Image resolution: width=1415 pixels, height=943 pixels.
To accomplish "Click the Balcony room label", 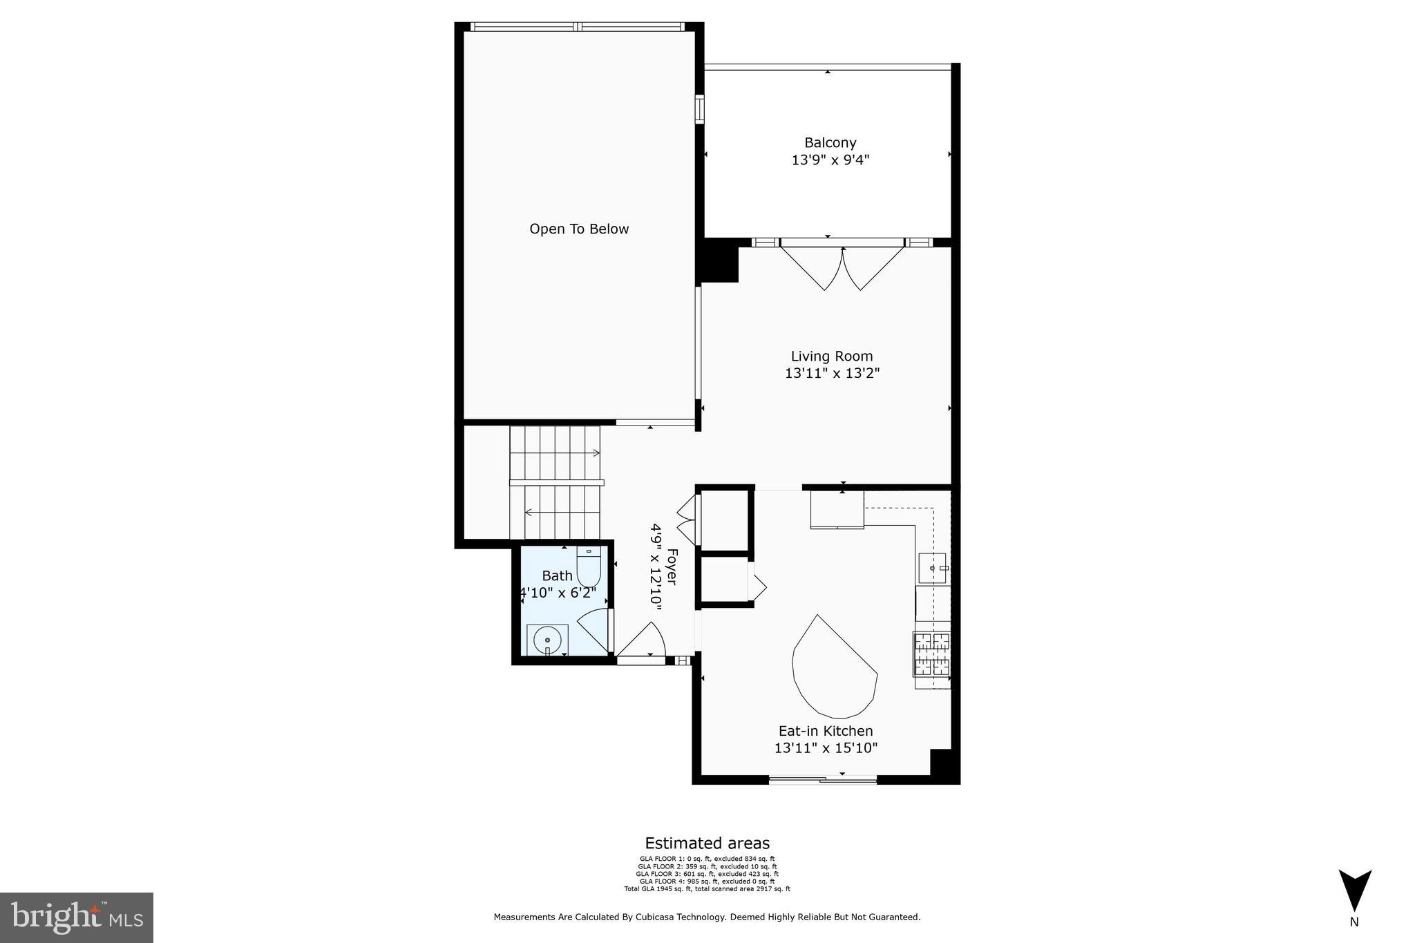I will [830, 143].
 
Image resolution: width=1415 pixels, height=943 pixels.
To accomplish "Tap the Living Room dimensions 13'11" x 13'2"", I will [832, 374].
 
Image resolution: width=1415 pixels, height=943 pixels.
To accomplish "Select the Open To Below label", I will [579, 229].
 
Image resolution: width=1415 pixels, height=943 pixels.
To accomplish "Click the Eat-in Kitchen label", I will [826, 731].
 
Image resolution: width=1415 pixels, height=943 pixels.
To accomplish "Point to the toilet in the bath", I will [589, 568].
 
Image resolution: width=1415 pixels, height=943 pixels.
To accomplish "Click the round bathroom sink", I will [547, 640].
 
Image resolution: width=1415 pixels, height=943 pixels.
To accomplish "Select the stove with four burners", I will [932, 654].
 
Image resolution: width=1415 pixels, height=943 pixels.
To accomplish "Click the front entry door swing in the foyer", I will [643, 641].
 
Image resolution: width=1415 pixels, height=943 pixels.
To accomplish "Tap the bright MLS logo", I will [76, 917].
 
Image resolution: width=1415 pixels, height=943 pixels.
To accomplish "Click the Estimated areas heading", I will [707, 843].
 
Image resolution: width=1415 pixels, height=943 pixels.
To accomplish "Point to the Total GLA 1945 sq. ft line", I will [707, 889].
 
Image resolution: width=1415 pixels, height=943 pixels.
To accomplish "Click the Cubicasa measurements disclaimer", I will [707, 917].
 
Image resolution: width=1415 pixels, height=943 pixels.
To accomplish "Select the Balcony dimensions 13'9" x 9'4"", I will [830, 160].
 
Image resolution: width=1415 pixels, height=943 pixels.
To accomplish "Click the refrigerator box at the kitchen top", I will [837, 509].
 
